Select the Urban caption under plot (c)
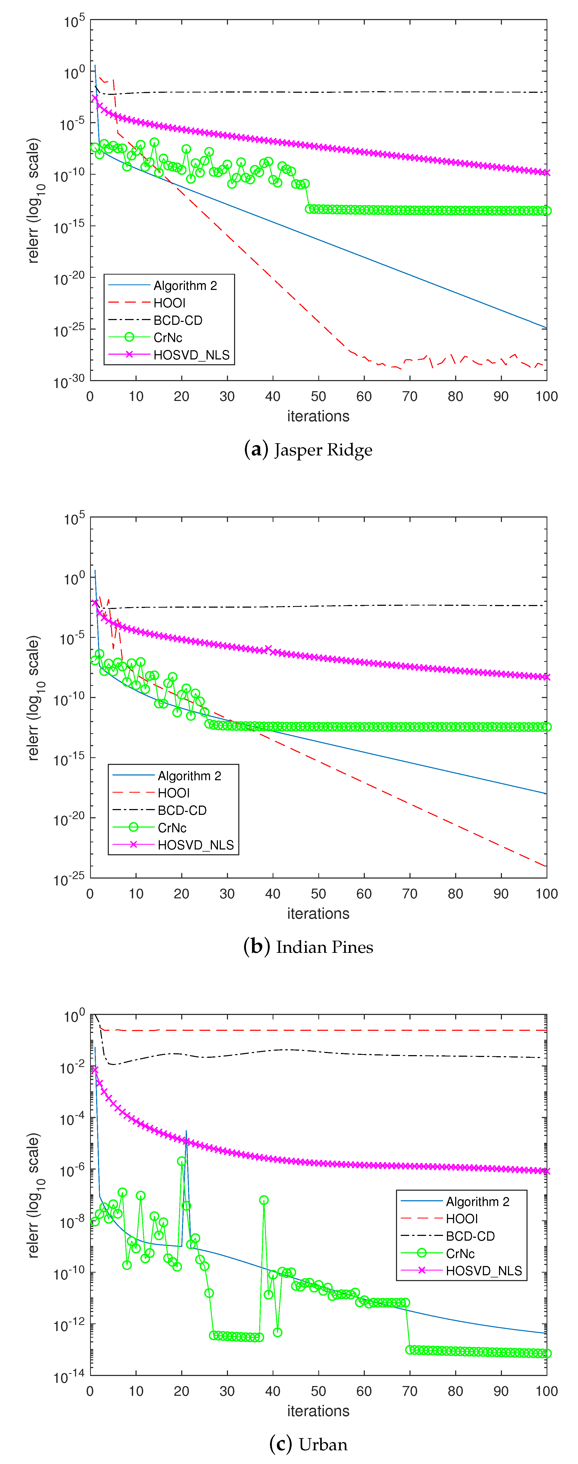(x=308, y=1444)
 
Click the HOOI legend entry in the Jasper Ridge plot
(x=169, y=303)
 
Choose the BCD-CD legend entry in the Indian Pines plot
(x=182, y=810)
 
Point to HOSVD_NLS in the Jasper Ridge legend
(x=191, y=355)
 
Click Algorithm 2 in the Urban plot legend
(x=478, y=1202)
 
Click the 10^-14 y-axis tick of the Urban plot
(x=69, y=1377)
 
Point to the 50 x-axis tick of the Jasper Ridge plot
(x=319, y=397)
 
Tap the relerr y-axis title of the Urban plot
(x=34, y=1195)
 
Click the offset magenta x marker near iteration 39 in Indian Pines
(x=269, y=649)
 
